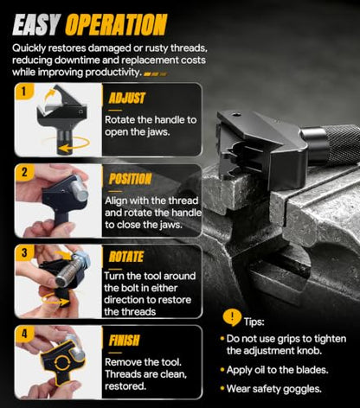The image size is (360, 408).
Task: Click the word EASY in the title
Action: click(36, 25)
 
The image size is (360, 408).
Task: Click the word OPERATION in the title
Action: click(116, 25)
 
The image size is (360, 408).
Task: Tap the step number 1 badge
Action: click(24, 92)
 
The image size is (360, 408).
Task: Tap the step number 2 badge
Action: click(24, 172)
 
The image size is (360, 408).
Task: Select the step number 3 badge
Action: click(24, 252)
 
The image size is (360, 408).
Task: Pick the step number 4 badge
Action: click(24, 334)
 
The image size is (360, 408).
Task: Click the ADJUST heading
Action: click(127, 98)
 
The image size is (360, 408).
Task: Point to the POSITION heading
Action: click(130, 179)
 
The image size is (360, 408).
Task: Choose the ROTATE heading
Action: click(126, 257)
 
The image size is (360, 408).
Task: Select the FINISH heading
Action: click(124, 341)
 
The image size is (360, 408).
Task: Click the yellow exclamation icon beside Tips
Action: click(232, 317)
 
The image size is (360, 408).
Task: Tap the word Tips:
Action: click(254, 322)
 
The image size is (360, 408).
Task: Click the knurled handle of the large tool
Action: click(343, 144)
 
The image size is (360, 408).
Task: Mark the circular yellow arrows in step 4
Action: click(62, 362)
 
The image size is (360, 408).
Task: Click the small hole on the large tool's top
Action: click(237, 115)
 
